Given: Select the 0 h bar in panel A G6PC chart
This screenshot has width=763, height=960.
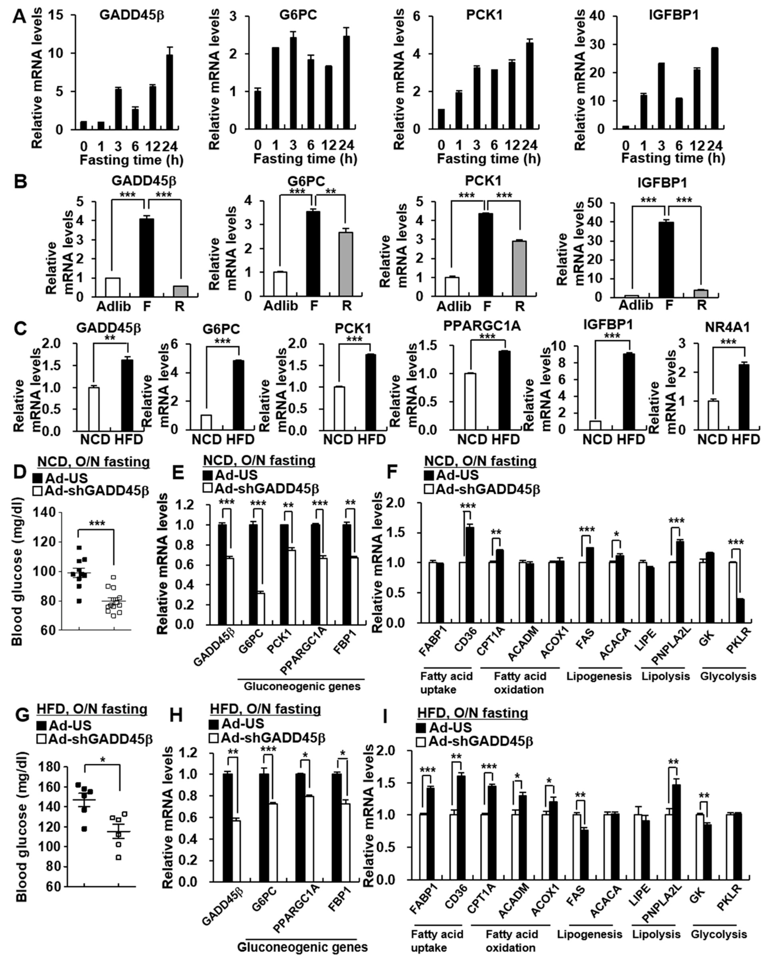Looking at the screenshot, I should (x=258, y=110).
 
